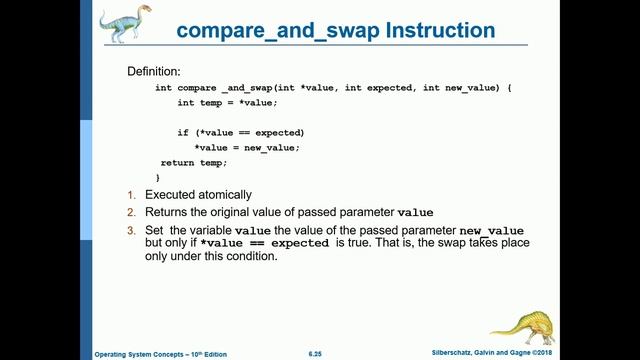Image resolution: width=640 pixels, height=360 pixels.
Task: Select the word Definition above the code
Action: point(154,72)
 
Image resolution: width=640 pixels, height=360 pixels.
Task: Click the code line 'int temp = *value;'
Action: point(228,103)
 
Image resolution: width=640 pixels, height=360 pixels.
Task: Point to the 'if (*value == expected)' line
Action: point(241,132)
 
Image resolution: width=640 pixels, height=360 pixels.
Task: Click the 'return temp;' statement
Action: point(194,162)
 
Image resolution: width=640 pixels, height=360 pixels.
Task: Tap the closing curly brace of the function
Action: point(157,177)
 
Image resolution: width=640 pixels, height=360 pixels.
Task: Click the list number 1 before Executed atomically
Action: point(131,194)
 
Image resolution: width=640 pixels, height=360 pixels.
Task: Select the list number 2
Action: point(131,212)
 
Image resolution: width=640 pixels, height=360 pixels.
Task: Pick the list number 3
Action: point(131,231)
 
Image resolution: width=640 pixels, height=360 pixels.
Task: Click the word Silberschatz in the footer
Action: point(454,353)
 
